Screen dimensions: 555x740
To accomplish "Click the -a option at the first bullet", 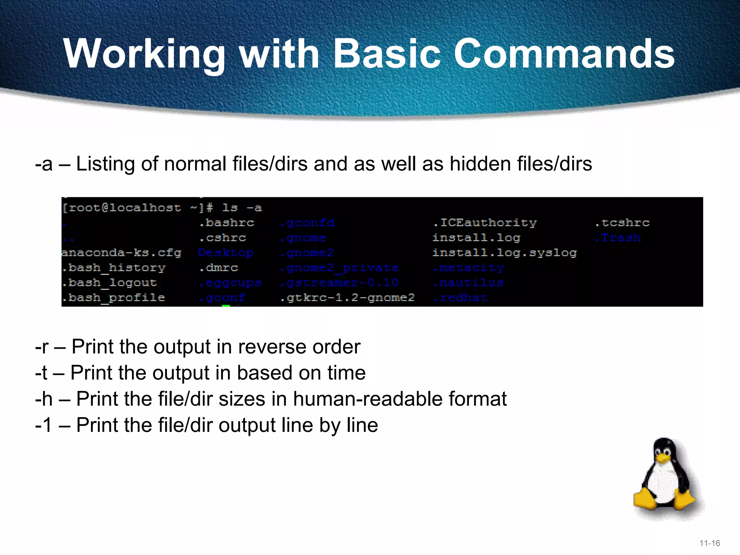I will [x=44, y=164].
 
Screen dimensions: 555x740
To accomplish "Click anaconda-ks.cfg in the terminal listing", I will [x=121, y=253].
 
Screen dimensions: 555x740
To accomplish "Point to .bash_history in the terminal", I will [x=113, y=268].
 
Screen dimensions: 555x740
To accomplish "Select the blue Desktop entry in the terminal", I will [x=226, y=253].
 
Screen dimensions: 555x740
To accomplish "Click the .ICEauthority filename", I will [x=485, y=223].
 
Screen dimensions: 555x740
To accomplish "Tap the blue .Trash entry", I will [x=618, y=238].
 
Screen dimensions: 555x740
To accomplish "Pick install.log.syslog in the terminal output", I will [x=504, y=253].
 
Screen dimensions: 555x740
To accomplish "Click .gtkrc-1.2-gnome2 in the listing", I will [x=347, y=298].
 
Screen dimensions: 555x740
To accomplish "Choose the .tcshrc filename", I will [x=622, y=223].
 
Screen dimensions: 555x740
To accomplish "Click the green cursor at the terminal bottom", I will [x=226, y=306].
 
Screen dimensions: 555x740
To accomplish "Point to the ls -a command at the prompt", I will [x=242, y=208].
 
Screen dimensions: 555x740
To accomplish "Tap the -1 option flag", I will [x=44, y=425].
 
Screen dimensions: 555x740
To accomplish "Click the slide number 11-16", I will [x=710, y=543].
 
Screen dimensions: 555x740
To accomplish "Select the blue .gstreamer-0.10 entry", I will [x=340, y=283].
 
